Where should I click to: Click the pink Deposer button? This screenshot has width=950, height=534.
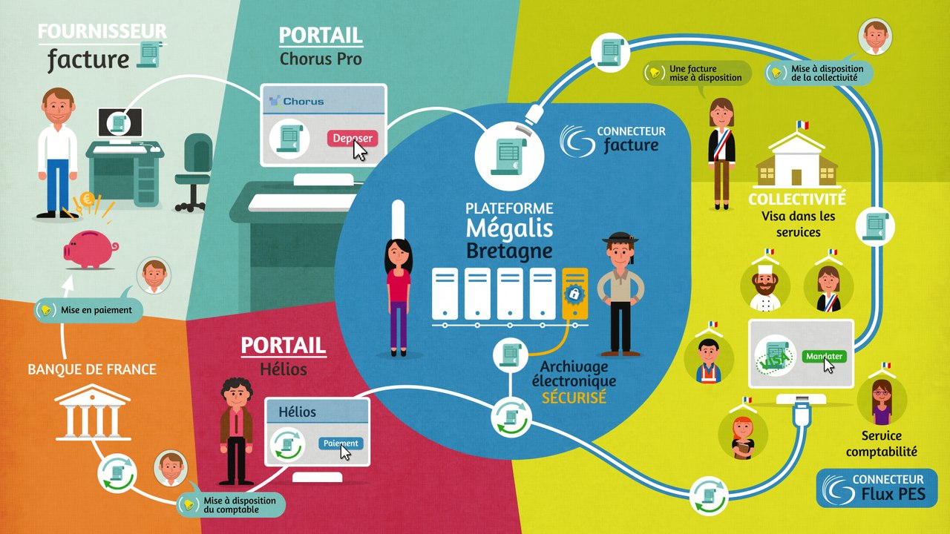click(x=352, y=138)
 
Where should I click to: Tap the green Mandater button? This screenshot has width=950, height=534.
click(x=824, y=356)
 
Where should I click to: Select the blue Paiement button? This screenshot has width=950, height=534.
click(x=341, y=444)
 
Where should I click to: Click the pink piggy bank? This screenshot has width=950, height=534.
click(x=91, y=250)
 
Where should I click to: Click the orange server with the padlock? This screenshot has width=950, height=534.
click(x=574, y=293)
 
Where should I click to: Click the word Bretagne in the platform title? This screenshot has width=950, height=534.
click(x=509, y=251)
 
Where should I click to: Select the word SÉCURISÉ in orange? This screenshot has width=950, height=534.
click(x=574, y=398)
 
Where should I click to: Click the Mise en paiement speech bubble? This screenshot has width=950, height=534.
click(x=88, y=310)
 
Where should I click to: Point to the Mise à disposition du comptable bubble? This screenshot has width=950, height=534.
click(x=231, y=505)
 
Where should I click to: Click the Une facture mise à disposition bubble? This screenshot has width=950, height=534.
click(x=697, y=73)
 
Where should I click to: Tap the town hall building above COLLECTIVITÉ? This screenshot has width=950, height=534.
click(x=797, y=159)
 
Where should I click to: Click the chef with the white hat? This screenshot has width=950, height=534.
click(x=765, y=287)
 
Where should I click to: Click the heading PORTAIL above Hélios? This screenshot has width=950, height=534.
click(x=284, y=346)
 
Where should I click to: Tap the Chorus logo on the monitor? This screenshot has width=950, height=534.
click(x=296, y=102)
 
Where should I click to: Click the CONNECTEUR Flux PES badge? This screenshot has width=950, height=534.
click(x=877, y=488)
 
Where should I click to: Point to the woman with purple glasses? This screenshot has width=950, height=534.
click(x=882, y=402)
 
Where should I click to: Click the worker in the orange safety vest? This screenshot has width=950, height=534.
click(x=708, y=360)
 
